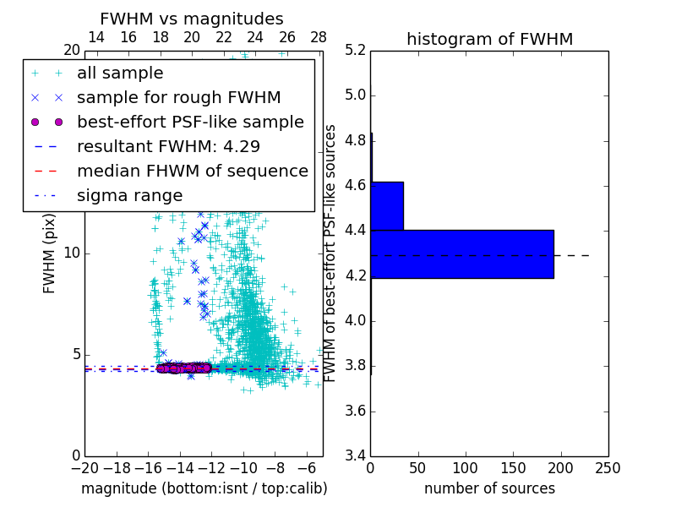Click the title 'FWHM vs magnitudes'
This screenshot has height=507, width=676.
click(x=191, y=19)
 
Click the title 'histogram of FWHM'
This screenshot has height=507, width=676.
click(x=489, y=39)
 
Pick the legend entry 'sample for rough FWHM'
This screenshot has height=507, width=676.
click(x=178, y=98)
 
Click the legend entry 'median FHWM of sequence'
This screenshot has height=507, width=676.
click(x=192, y=171)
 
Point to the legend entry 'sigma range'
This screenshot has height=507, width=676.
click(x=129, y=195)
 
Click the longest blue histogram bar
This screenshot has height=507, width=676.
click(x=462, y=253)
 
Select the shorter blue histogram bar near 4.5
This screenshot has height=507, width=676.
click(x=387, y=205)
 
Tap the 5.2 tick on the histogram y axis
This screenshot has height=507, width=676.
click(x=356, y=50)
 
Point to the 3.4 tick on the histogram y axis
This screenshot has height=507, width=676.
click(x=356, y=456)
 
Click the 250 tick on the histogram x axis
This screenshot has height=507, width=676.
click(x=608, y=468)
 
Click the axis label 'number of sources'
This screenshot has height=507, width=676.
click(x=489, y=488)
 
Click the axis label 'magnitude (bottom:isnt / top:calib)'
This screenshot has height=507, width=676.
click(x=204, y=488)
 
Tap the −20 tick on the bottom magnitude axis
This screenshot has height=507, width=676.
click(x=84, y=468)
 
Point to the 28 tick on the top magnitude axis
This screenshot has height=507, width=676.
click(x=319, y=37)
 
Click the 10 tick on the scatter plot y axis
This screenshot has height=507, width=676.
click(x=71, y=253)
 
